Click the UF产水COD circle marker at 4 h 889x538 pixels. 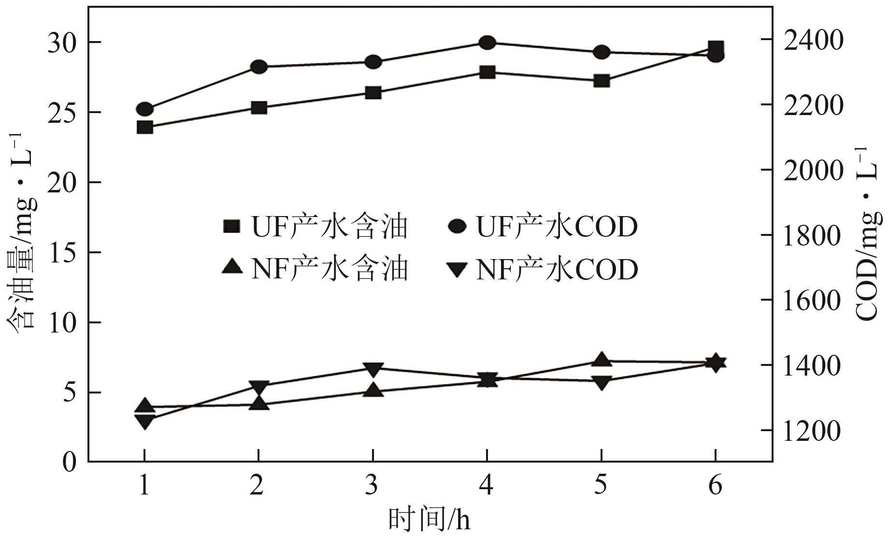click(487, 43)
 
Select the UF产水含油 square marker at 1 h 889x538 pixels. click(145, 128)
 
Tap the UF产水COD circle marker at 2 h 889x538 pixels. click(259, 67)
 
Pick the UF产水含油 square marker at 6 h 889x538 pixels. click(716, 47)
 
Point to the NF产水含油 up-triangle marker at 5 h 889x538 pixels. click(602, 360)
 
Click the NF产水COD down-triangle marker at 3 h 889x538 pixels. click(373, 370)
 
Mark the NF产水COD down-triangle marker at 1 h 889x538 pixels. click(145, 422)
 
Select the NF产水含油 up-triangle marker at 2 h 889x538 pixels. click(259, 403)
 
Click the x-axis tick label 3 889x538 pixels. click(372, 485)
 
